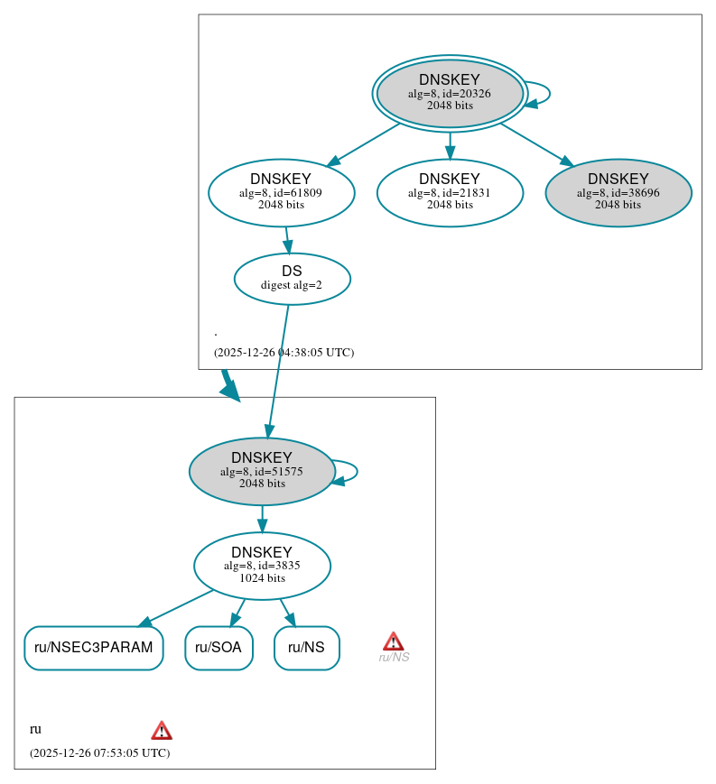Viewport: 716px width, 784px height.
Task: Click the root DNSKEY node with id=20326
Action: click(x=450, y=93)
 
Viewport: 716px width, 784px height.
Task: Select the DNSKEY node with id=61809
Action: click(x=281, y=192)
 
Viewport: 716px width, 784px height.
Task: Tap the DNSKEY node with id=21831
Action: click(x=450, y=192)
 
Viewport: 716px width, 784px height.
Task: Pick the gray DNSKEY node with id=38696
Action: click(x=618, y=192)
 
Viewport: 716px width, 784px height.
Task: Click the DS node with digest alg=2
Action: click(x=292, y=279)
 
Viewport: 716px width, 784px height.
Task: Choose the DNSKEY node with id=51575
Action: click(x=262, y=471)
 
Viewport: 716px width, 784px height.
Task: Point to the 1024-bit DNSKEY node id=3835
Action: click(x=262, y=566)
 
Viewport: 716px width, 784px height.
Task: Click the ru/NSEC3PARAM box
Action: click(x=93, y=648)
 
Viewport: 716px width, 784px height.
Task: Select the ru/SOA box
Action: click(x=219, y=648)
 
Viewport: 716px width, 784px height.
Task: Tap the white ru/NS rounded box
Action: click(x=306, y=648)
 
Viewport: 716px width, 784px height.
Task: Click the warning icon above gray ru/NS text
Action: click(x=393, y=641)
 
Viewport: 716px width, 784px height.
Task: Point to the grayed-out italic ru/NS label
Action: click(x=394, y=658)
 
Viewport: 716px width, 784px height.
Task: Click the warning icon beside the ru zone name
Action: click(x=162, y=730)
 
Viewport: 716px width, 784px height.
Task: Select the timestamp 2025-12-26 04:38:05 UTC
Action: click(x=284, y=353)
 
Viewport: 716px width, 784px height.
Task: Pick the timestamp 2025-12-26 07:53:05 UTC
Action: click(x=99, y=752)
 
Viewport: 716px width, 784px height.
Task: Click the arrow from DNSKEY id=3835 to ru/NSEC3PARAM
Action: click(x=177, y=607)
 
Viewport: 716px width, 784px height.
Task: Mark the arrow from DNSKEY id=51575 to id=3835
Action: click(x=262, y=519)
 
